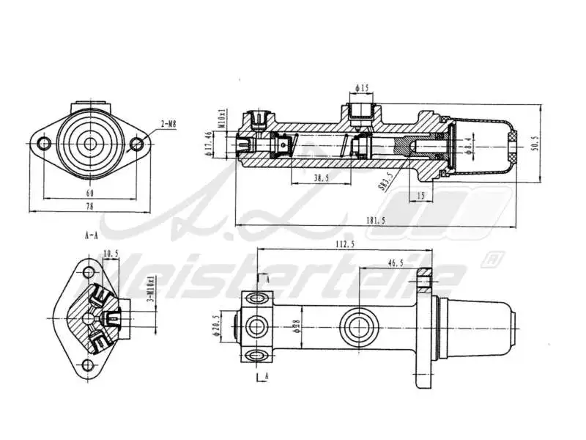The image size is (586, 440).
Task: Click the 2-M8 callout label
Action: [168, 125]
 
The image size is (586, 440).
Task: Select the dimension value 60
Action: [89, 192]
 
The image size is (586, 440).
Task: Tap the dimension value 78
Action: [89, 208]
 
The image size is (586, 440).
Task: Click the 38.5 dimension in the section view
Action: [320, 178]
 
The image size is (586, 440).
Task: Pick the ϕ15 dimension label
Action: [362, 89]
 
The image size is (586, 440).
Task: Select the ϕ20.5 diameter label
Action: [216, 325]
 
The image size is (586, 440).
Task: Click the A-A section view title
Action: [92, 236]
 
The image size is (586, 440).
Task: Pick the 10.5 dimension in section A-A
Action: [111, 254]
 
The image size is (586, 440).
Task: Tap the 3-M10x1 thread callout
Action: [151, 290]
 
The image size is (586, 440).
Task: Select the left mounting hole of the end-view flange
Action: [43, 144]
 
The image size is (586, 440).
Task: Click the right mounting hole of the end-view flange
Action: [136, 144]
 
